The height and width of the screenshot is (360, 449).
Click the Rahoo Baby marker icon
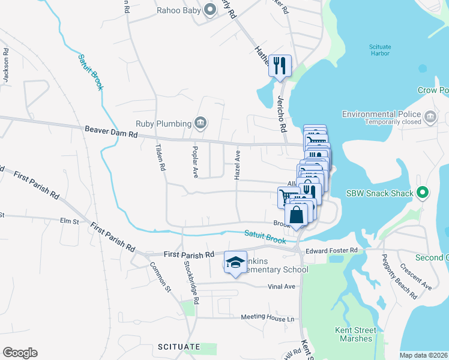coord(209,10)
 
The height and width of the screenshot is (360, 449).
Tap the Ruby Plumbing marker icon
coord(201,124)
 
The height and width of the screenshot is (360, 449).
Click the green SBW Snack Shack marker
coord(423,193)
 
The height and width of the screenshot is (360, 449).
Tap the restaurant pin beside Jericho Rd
coord(280,65)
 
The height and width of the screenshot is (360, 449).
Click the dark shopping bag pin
coord(297,215)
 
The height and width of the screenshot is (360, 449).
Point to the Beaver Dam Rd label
coord(111,130)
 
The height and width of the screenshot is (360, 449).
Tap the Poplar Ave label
coord(195,161)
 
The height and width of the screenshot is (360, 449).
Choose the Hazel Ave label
coord(237,166)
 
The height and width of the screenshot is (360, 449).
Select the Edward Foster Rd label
coord(331,250)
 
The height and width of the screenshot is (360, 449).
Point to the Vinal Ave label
coord(282,286)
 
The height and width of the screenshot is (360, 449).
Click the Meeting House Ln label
coord(268,317)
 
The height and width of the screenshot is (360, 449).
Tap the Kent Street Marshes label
coord(356,334)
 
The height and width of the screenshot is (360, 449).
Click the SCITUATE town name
coord(178,347)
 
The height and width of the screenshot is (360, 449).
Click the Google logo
coord(20,353)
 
